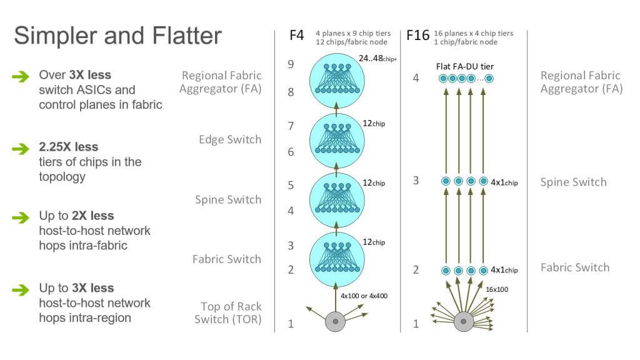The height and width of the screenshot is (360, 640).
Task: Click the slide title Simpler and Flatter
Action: tap(117, 35)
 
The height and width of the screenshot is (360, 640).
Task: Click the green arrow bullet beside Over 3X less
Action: tap(21, 76)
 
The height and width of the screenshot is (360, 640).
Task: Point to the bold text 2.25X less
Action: tap(68, 147)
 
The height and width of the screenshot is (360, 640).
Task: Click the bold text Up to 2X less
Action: tap(76, 216)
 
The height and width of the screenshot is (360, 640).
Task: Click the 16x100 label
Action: tap(497, 289)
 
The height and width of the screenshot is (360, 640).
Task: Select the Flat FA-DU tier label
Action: tap(466, 66)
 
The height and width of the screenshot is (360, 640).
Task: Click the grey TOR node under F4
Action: tap(336, 321)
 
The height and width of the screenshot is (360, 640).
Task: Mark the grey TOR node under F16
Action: tap(462, 321)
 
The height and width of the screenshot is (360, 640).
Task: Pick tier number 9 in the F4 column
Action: tap(290, 64)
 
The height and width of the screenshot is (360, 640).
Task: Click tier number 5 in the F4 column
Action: tap(290, 185)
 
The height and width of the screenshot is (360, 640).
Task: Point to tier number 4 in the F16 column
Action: tap(416, 79)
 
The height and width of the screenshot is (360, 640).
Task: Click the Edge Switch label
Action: tap(230, 139)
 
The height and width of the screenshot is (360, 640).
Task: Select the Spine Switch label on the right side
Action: tap(573, 182)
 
